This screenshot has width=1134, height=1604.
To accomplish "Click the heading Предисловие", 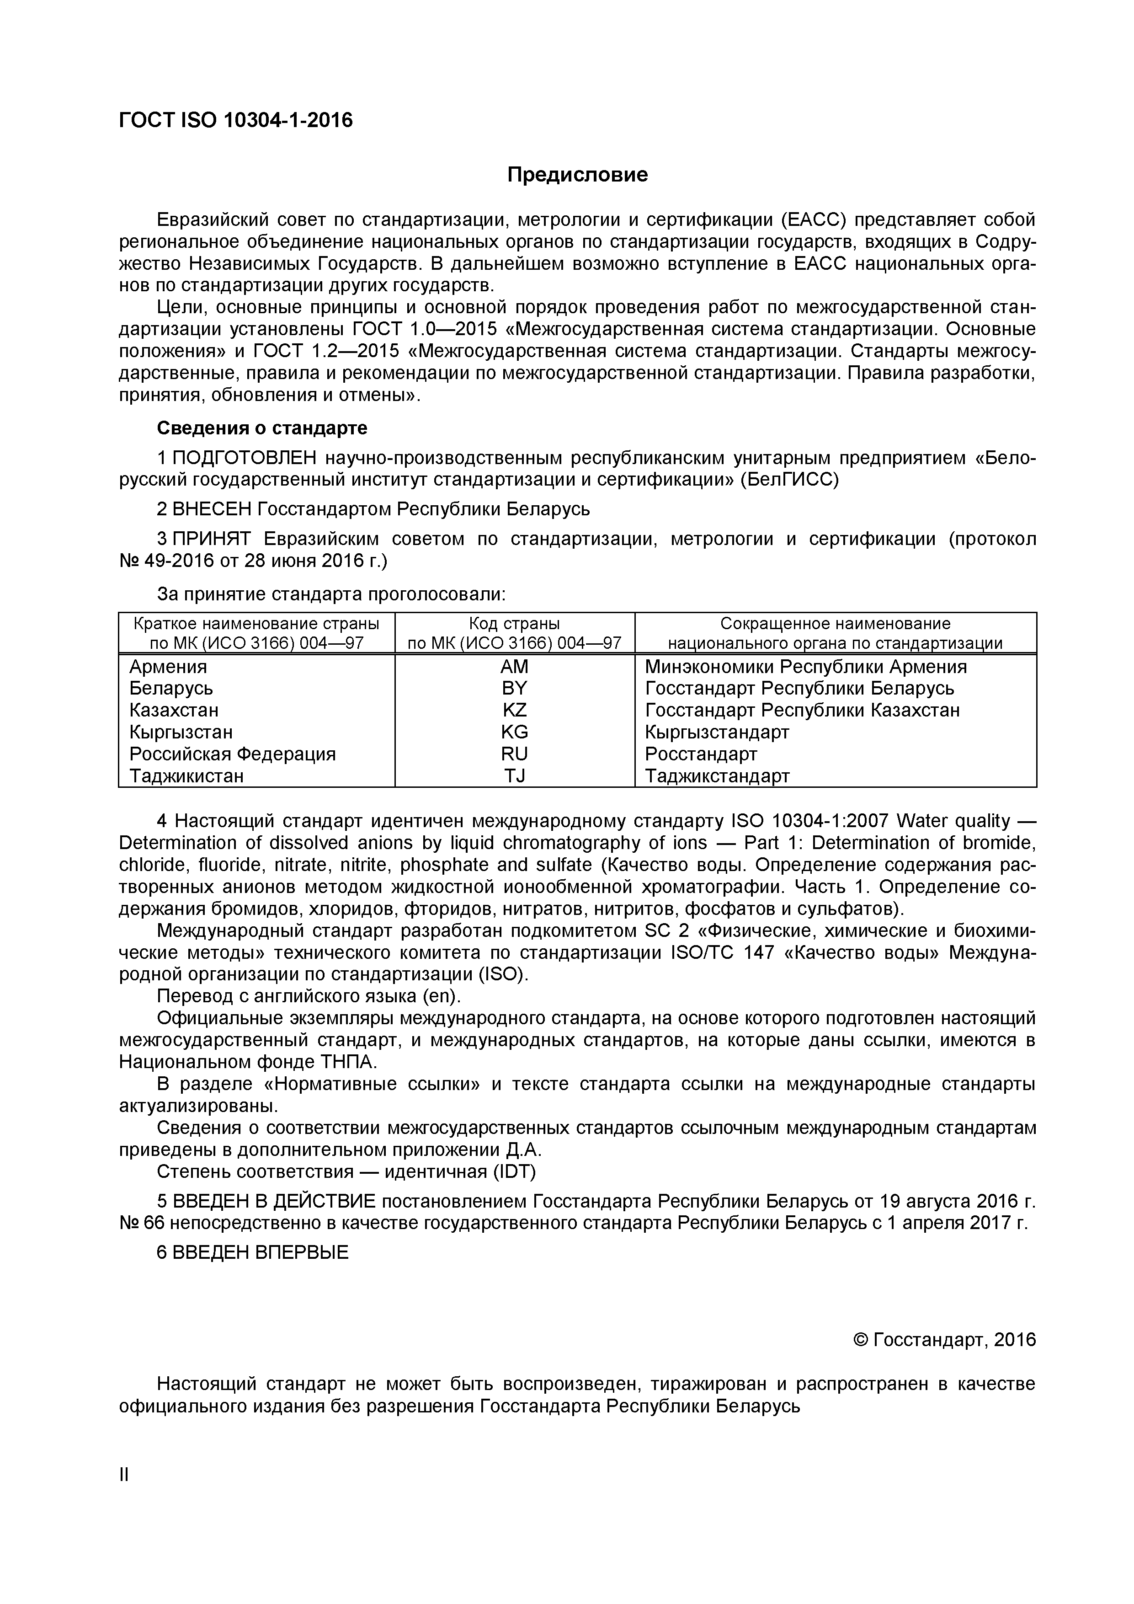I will [577, 175].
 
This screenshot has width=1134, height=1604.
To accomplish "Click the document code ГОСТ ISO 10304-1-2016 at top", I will [236, 121].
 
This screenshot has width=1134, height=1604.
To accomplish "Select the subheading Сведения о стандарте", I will [262, 428].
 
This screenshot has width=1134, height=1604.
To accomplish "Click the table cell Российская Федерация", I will [233, 754].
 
